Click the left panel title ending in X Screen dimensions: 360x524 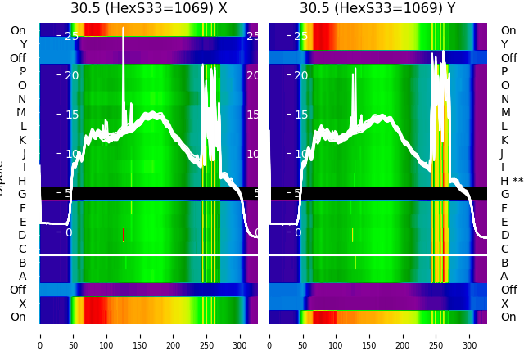point(148,9)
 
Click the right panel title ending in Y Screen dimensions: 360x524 point(377,9)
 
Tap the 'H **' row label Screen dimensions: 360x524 point(512,181)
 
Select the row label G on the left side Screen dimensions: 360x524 point(22,195)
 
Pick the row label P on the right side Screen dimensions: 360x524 point(504,72)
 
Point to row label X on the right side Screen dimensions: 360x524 point(504,304)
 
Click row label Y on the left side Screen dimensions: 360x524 point(22,45)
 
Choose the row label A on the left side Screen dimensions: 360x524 point(22,277)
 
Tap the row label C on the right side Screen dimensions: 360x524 point(504,249)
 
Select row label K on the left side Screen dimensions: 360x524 point(22,140)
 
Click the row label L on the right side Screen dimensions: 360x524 point(504,126)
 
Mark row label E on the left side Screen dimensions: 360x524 point(22,222)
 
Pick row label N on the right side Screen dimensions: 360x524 point(504,99)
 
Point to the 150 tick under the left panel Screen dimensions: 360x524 point(140,335)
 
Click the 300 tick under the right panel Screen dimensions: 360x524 point(470,335)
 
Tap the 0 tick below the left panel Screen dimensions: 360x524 point(40,335)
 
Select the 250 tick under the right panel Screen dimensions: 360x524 point(436,335)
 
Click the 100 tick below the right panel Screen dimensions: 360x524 point(337,335)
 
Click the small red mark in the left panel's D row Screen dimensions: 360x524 point(124,235)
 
